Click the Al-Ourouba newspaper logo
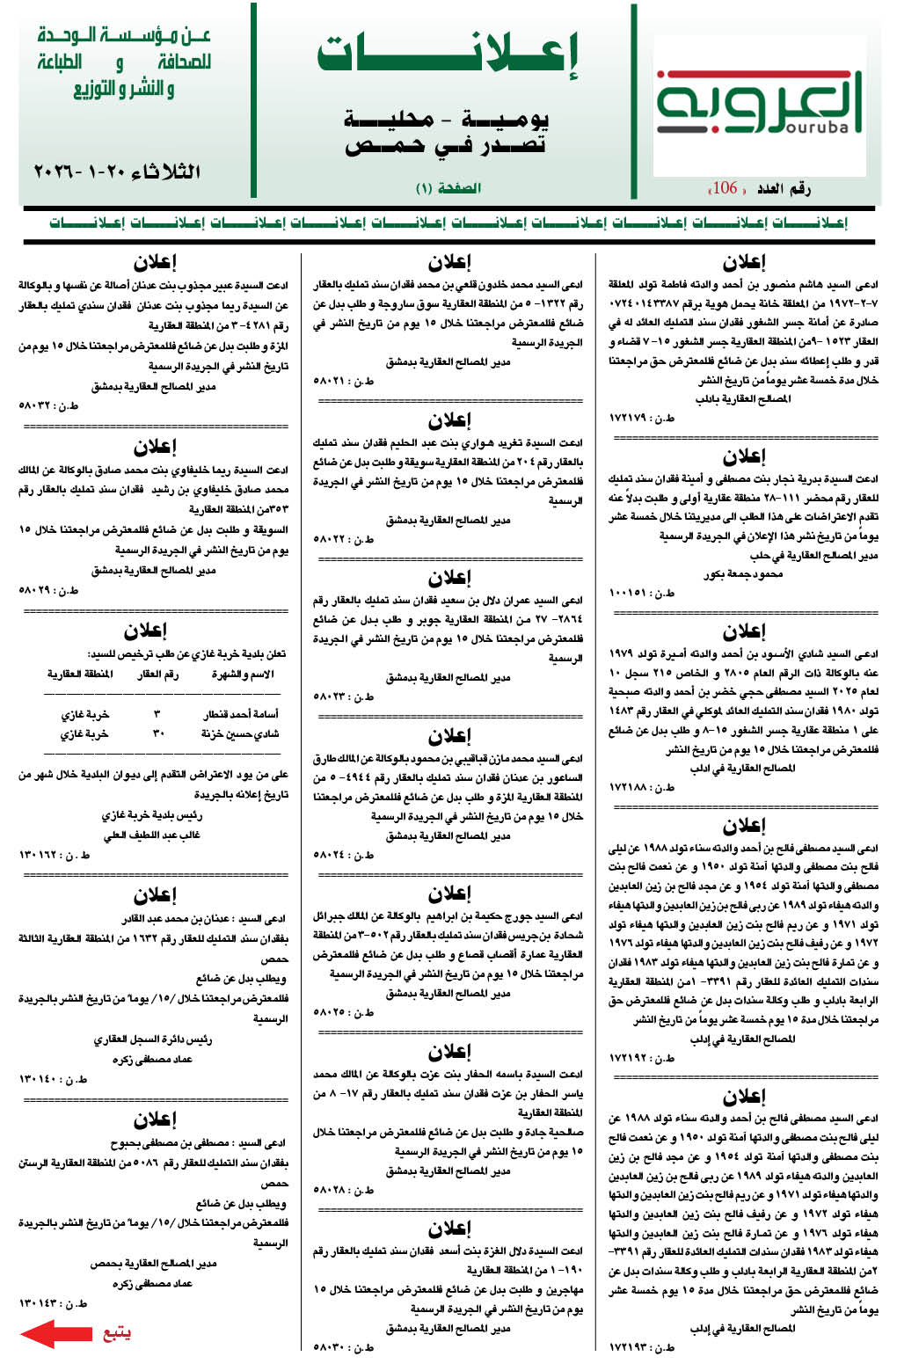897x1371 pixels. (x=760, y=104)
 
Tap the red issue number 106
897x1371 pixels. (x=725, y=187)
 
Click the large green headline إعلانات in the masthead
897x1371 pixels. (x=448, y=55)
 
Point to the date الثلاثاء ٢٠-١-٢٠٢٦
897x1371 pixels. (x=116, y=171)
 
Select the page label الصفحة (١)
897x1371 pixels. (x=448, y=188)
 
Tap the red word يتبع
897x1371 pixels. (x=117, y=1332)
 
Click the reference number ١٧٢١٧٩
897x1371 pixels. (x=642, y=419)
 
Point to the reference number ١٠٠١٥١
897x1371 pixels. (x=642, y=593)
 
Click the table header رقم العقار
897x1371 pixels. (x=157, y=674)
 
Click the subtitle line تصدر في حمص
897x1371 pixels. (x=445, y=146)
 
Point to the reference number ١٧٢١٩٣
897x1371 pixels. (x=642, y=1346)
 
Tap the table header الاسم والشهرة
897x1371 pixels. (x=243, y=674)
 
